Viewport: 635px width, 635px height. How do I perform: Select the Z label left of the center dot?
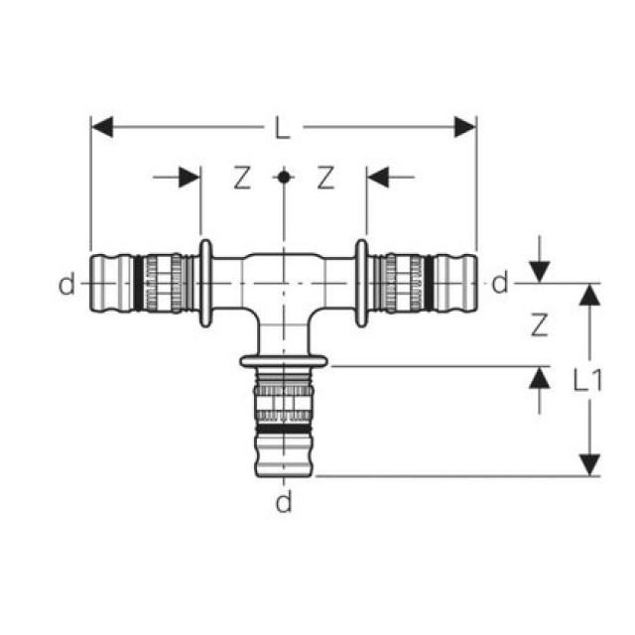[242, 179]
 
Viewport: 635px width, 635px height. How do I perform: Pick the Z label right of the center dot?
[325, 179]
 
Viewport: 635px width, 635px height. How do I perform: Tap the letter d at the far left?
[65, 286]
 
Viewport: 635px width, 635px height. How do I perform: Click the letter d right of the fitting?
[500, 285]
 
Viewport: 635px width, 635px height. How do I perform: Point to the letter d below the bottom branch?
[284, 504]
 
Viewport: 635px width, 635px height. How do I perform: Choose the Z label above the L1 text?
[537, 323]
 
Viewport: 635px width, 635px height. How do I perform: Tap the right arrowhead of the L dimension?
[464, 127]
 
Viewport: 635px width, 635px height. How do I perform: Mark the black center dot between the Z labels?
[284, 178]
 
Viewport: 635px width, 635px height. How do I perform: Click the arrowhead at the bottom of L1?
[589, 463]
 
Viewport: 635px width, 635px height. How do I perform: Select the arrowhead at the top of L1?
[589, 296]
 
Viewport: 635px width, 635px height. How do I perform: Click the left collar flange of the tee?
[203, 283]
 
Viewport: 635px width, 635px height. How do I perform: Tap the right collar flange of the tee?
[362, 283]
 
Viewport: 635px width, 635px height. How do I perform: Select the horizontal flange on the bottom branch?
[284, 359]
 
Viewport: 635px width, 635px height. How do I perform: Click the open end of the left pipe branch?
[95, 284]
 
